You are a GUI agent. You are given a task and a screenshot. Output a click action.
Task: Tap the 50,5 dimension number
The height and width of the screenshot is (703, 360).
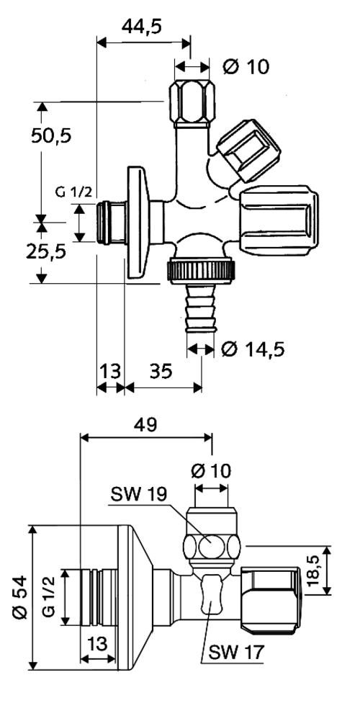point(51,135)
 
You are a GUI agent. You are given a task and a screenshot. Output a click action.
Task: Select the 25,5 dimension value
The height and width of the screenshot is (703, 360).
point(45,251)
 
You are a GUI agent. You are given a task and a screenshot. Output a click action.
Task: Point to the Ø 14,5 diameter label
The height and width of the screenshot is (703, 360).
point(253,349)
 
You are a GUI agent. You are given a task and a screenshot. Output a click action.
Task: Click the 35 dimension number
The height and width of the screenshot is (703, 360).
point(161,371)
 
